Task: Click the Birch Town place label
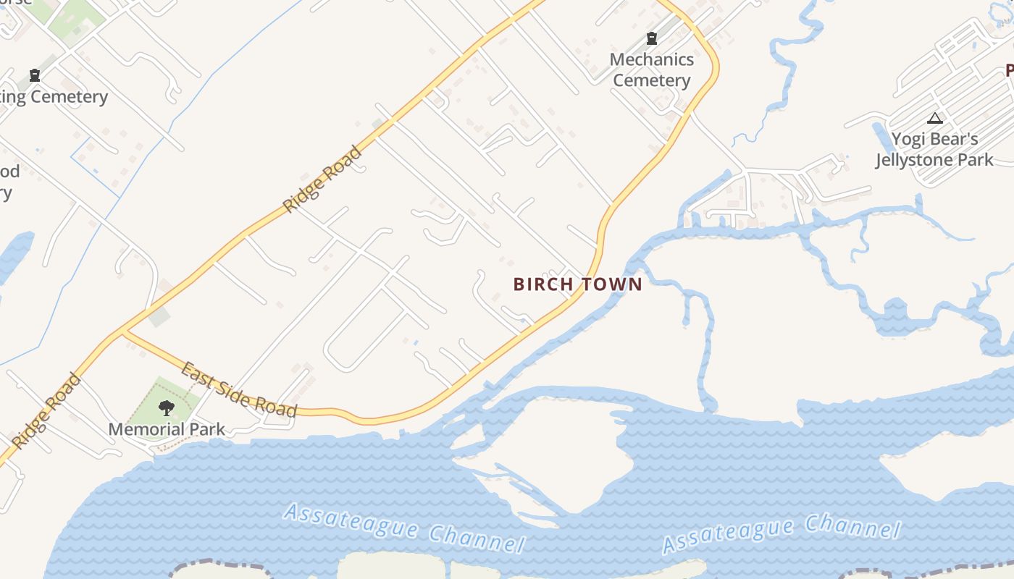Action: [x=577, y=284]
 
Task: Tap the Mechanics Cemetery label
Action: [x=652, y=70]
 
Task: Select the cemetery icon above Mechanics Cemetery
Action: [x=652, y=38]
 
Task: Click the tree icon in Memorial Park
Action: [x=167, y=408]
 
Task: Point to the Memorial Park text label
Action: [x=167, y=429]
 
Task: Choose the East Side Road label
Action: [x=238, y=390]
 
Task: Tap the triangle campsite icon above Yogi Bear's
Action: [x=935, y=118]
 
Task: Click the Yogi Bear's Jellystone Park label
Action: [x=934, y=149]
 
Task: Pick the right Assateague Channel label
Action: [x=781, y=534]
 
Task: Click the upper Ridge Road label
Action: [x=322, y=179]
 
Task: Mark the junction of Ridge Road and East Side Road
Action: [x=124, y=332]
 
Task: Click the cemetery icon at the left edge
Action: [x=34, y=75]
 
